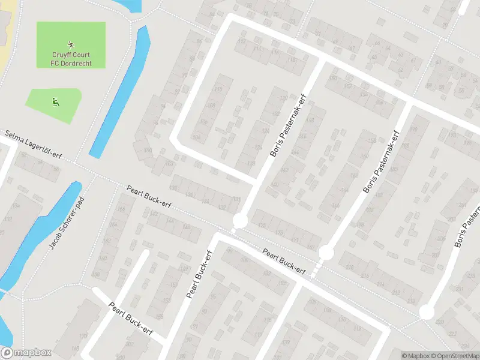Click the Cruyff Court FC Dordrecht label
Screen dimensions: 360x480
point(71,59)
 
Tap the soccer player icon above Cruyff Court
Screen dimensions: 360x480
point(71,44)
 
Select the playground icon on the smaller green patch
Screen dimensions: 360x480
point(55,102)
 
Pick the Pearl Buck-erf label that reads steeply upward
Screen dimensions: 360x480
point(200,274)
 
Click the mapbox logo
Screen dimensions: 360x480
point(25,353)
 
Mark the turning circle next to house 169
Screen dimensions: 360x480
point(325,253)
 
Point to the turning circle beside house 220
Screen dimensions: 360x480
point(426,312)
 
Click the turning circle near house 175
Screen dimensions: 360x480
point(240,221)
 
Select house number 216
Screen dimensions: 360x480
point(365,275)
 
